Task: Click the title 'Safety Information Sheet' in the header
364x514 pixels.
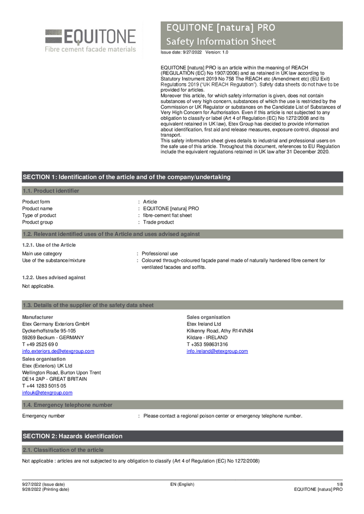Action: click(221, 42)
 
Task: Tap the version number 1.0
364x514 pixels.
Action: click(224, 52)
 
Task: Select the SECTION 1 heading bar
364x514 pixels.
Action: click(182, 177)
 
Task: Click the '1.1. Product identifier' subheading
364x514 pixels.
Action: click(51, 191)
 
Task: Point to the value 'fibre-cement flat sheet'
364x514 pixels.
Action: click(167, 215)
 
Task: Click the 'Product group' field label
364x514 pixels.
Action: click(37, 222)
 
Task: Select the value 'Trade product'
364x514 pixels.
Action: click(159, 222)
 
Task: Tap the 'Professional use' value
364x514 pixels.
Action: click(160, 253)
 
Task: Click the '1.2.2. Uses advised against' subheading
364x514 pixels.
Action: click(54, 278)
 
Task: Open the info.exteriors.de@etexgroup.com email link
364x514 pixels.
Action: click(58, 351)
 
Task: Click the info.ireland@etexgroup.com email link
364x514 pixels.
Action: click(217, 351)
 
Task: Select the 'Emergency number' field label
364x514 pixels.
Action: click(43, 416)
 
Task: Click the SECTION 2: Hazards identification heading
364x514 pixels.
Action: click(73, 436)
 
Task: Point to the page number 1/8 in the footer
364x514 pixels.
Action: click(339, 484)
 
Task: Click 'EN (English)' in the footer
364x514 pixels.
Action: click(182, 484)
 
